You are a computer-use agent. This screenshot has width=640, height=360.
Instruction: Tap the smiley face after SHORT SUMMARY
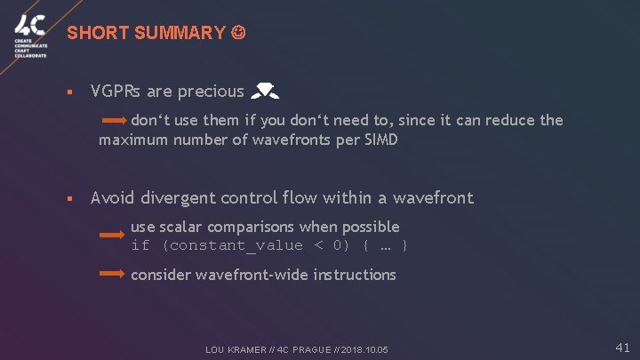(x=237, y=34)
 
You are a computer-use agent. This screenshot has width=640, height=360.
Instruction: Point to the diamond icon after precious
(x=265, y=91)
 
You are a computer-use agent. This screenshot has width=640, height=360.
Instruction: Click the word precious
(x=211, y=92)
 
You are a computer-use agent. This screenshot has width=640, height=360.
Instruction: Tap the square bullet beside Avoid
(x=69, y=198)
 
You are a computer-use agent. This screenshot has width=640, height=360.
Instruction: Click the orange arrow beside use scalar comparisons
(x=111, y=236)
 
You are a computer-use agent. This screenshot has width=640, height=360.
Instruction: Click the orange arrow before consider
(x=111, y=275)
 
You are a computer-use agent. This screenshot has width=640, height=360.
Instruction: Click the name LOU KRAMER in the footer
(x=237, y=350)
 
